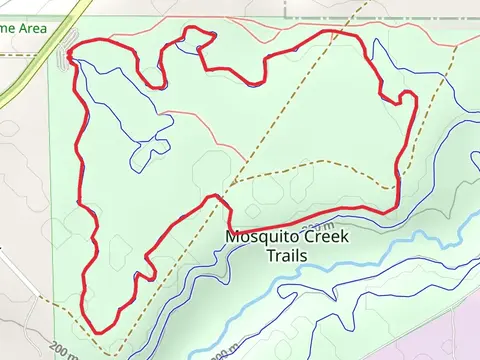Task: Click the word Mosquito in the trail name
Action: [258, 238]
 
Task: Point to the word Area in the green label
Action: [31, 29]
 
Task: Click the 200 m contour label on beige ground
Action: [62, 351]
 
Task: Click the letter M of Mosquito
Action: [232, 238]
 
